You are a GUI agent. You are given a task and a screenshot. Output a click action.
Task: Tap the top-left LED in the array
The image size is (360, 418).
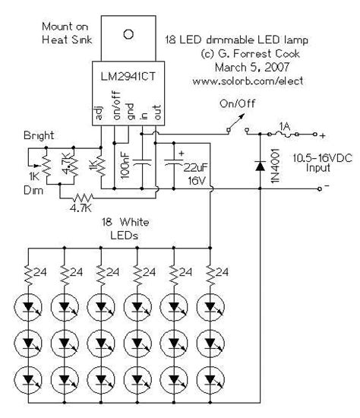pos(28,309)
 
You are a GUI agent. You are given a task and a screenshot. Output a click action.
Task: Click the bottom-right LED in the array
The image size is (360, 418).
pos(210,378)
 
